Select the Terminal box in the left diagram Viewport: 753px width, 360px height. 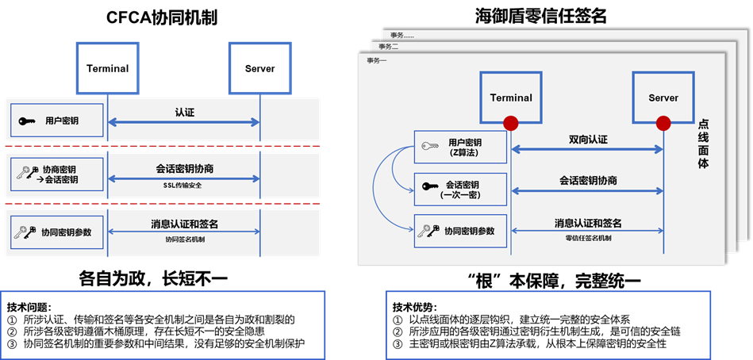[107, 68]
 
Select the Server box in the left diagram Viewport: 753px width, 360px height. [259, 68]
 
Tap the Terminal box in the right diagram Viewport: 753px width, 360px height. [511, 98]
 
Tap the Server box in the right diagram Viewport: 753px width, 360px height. [663, 98]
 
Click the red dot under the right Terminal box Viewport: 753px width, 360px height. [511, 122]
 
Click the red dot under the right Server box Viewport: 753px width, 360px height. [663, 122]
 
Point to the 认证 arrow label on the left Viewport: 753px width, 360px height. [184, 113]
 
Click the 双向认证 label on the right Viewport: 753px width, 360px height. [587, 140]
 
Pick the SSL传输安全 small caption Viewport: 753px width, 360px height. [184, 183]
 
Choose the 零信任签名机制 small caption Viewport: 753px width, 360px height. [587, 238]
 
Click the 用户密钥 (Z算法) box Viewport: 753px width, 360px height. [460, 147]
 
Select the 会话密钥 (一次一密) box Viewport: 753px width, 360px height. [460, 189]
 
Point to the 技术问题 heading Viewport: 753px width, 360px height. [29, 306]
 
